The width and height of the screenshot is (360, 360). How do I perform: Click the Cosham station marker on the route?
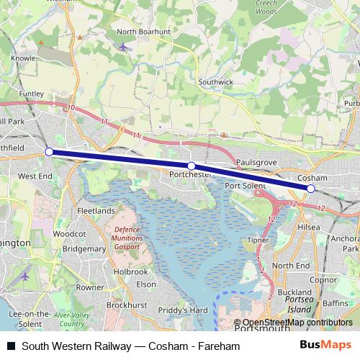click(x=311, y=189)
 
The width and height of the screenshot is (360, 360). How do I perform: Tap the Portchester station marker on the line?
click(x=192, y=166)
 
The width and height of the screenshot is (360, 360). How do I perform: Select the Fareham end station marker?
click(x=49, y=152)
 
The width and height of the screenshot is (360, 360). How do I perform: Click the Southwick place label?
click(x=217, y=82)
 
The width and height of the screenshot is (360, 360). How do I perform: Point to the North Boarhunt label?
click(x=144, y=32)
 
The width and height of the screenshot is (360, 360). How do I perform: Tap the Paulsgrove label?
click(x=256, y=163)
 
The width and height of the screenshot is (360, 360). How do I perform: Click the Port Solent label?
click(x=246, y=185)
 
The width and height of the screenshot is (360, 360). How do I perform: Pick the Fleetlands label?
click(x=96, y=211)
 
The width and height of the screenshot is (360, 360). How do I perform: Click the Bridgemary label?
click(x=84, y=248)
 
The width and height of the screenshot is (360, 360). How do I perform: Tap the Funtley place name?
click(x=32, y=94)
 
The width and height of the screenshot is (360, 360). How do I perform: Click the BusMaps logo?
click(x=330, y=346)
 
